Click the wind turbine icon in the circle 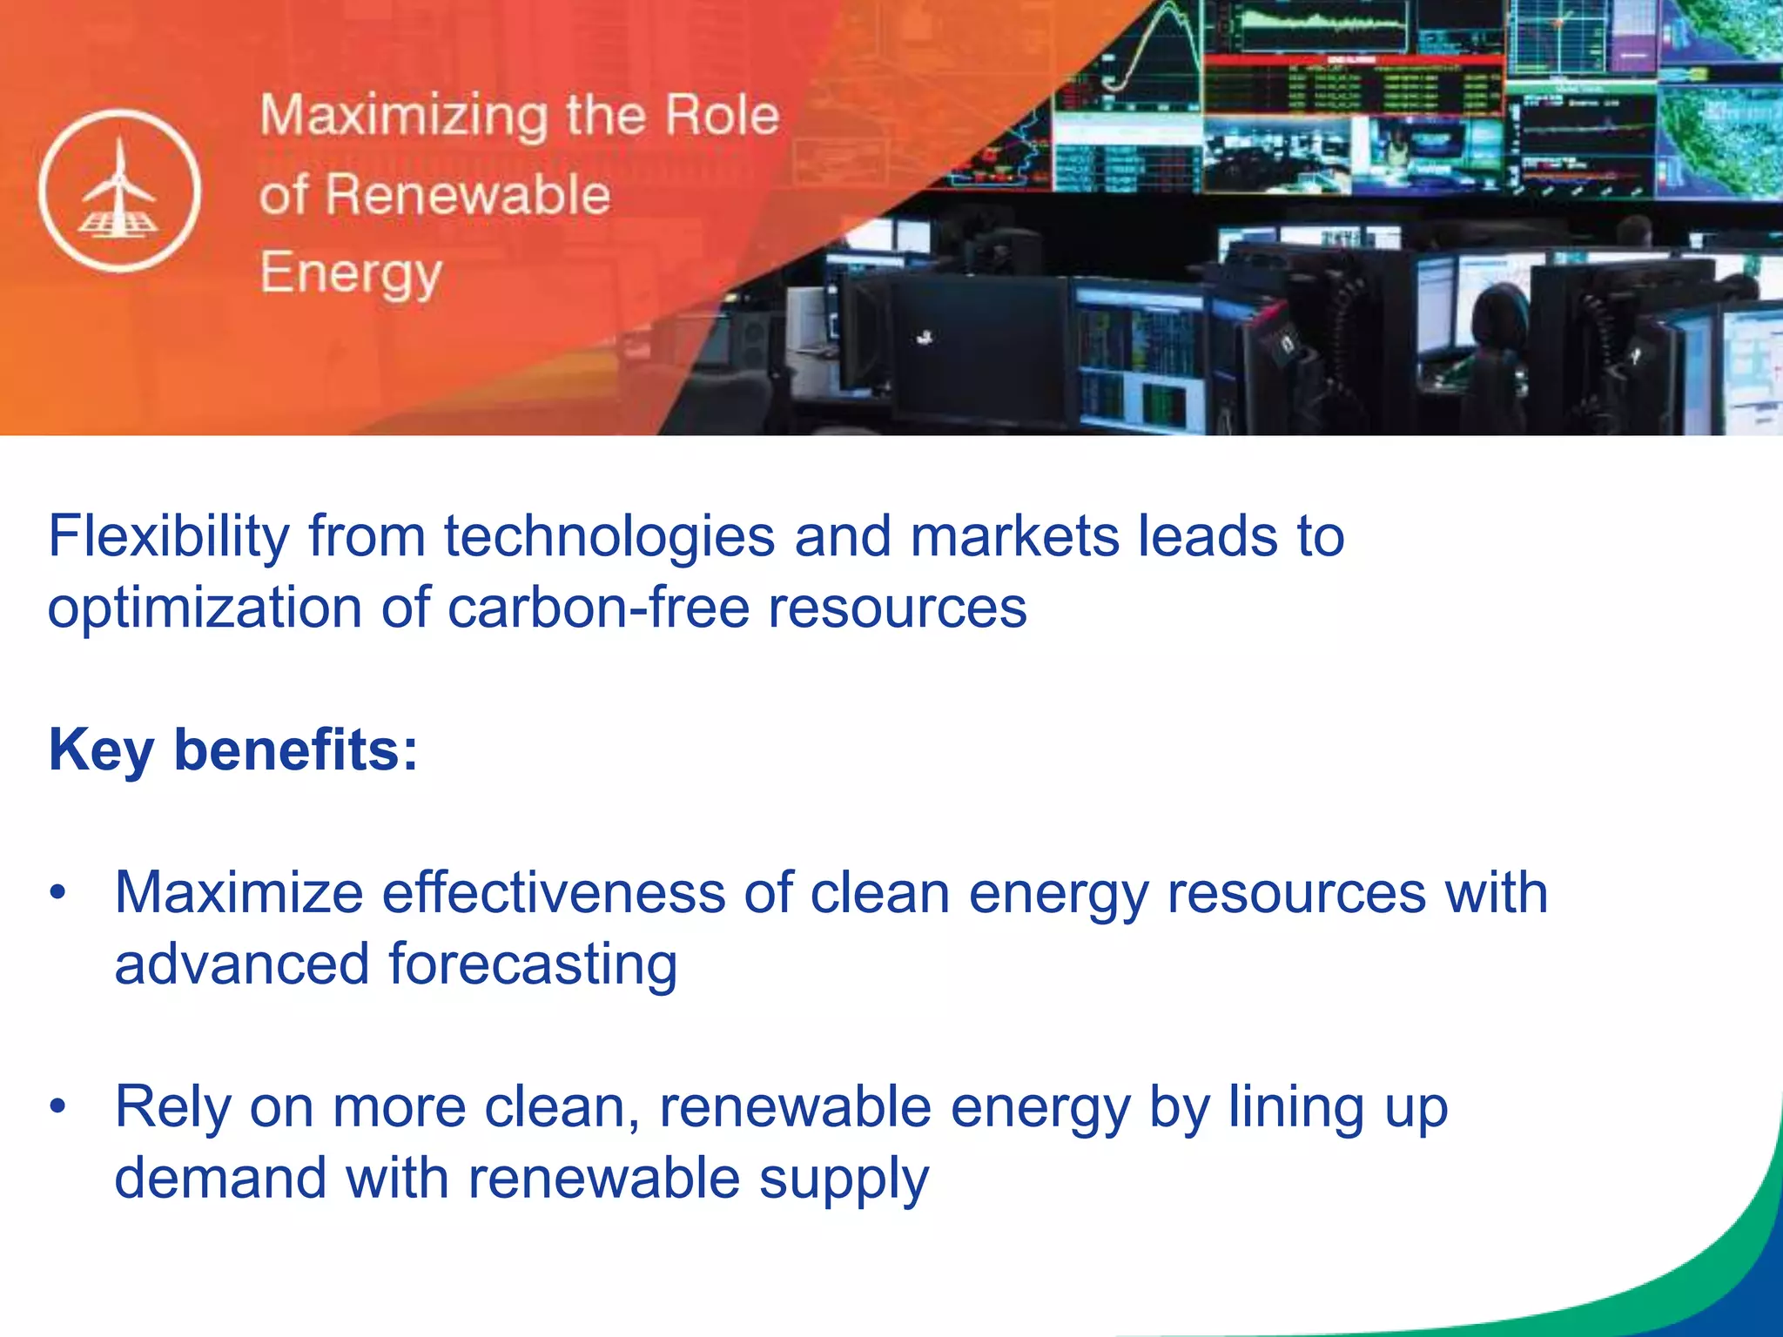119,191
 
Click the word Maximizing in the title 404,116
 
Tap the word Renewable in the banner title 468,194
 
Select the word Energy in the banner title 351,273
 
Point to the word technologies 609,536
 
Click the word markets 1014,536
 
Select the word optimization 205,608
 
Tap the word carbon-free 598,608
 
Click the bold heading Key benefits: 233,749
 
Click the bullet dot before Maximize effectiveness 58,893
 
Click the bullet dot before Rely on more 58,1107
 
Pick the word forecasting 532,965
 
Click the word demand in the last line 220,1179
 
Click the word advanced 242,965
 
